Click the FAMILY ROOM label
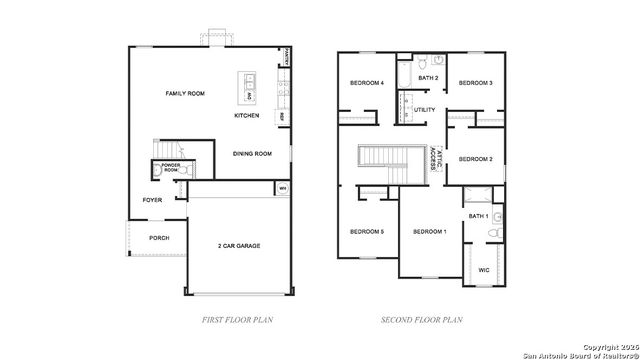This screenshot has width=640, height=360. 185,93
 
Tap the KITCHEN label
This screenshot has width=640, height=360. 247,116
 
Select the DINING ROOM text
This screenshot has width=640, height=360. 252,154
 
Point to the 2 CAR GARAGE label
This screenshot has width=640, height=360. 239,245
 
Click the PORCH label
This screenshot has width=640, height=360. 159,238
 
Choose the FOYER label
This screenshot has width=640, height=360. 152,200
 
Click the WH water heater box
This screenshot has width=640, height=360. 282,188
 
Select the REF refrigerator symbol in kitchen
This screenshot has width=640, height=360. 283,116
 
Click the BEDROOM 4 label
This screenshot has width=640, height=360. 367,83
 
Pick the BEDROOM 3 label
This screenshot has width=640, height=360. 476,83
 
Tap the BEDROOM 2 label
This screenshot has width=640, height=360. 476,159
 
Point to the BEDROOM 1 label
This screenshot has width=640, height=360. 430,232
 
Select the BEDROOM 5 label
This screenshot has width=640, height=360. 367,232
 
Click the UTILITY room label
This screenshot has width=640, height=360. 425,110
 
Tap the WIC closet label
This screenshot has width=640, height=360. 483,270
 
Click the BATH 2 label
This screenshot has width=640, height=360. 428,78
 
